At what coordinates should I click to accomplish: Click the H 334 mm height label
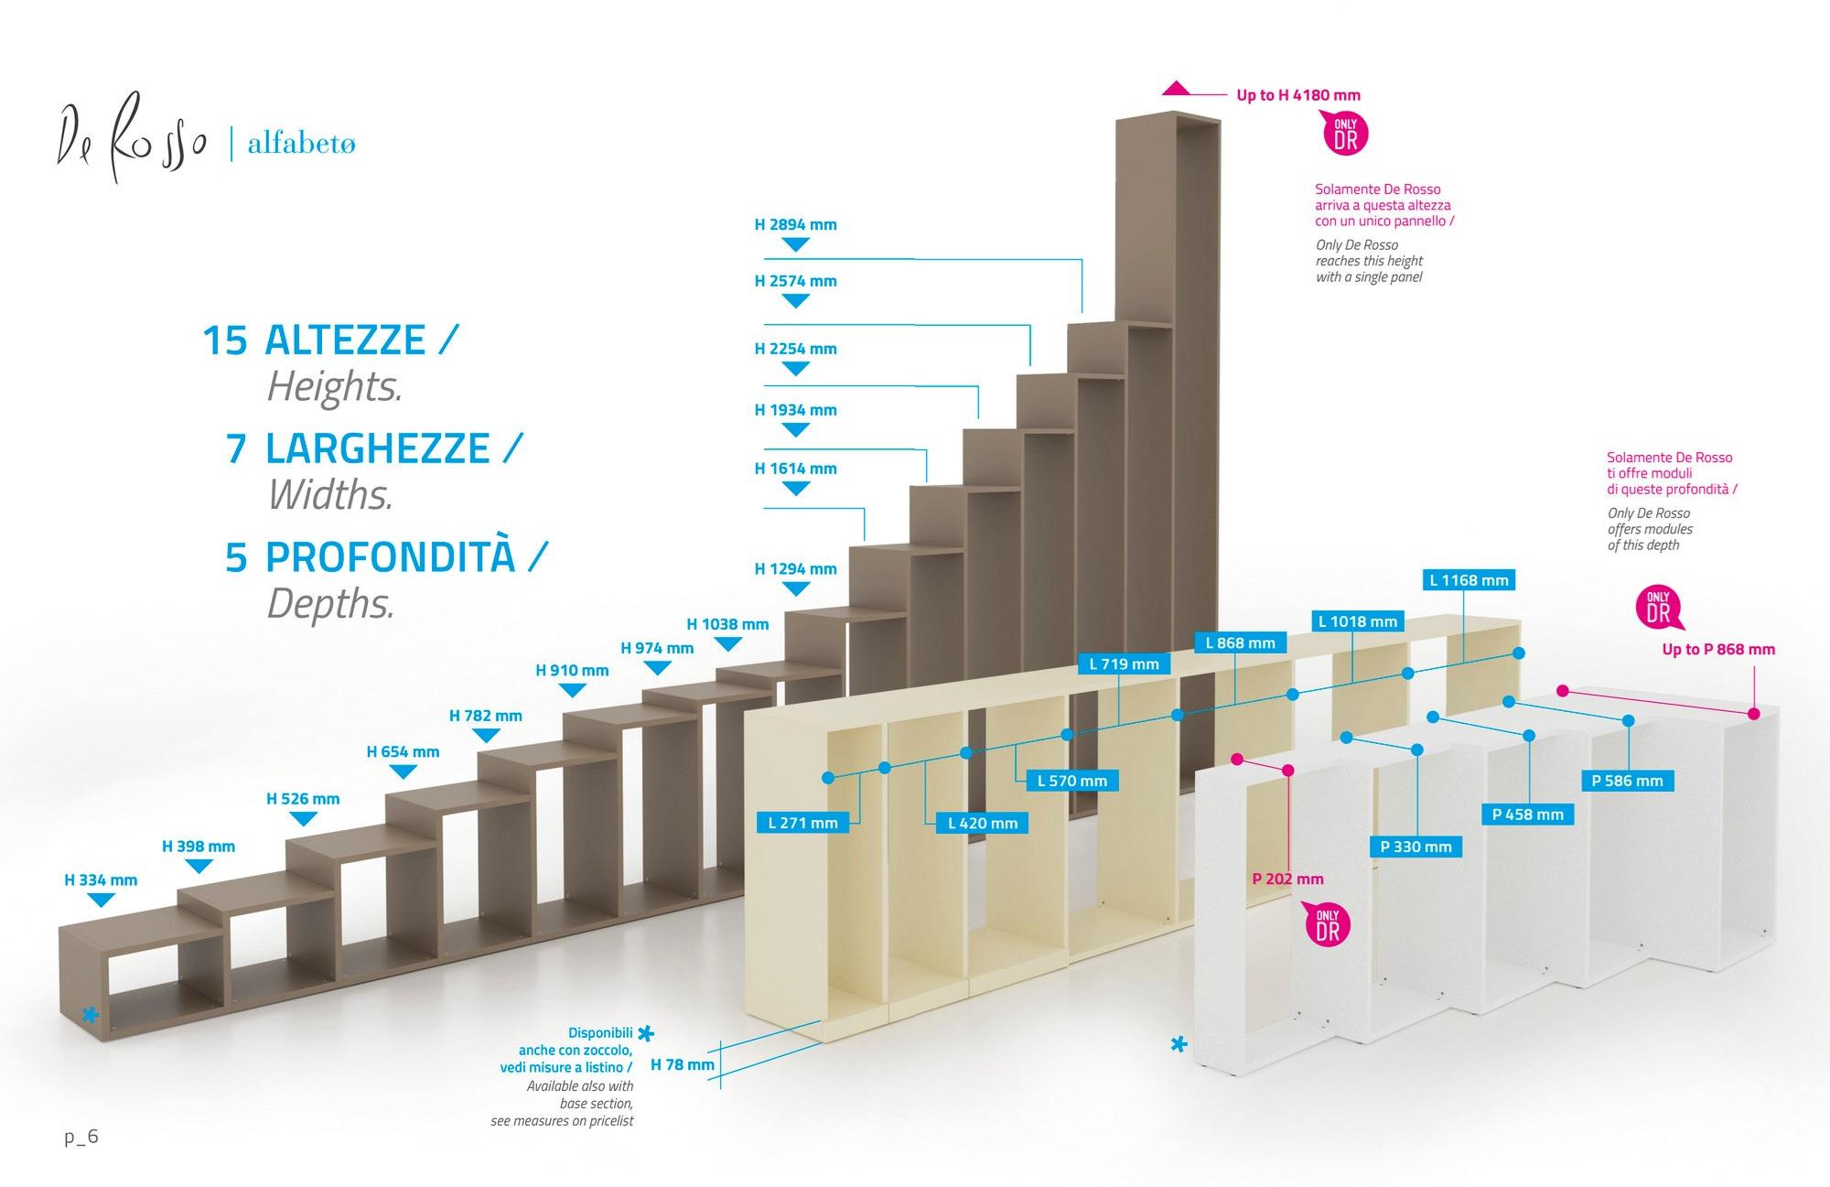pyautogui.click(x=101, y=880)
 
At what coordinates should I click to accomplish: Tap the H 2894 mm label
pyautogui.click(x=795, y=225)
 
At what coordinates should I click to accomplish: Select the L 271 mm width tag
pyautogui.click(x=802, y=823)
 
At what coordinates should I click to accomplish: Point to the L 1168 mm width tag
pyautogui.click(x=1469, y=580)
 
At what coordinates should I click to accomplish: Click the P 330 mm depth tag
pyautogui.click(x=1416, y=847)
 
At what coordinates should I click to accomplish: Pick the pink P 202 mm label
pyautogui.click(x=1287, y=879)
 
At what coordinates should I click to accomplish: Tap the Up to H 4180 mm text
pyautogui.click(x=1297, y=95)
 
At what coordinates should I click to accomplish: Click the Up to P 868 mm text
pyautogui.click(x=1717, y=650)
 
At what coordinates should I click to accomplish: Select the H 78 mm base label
pyautogui.click(x=682, y=1064)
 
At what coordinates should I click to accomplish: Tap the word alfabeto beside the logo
pyautogui.click(x=301, y=145)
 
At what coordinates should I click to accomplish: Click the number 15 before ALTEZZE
pyautogui.click(x=224, y=340)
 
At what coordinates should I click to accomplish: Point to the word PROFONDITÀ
pyautogui.click(x=391, y=557)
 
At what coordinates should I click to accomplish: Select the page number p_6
pyautogui.click(x=81, y=1138)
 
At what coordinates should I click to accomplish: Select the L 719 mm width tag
pyautogui.click(x=1124, y=664)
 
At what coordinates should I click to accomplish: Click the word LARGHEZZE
pyautogui.click(x=377, y=449)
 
